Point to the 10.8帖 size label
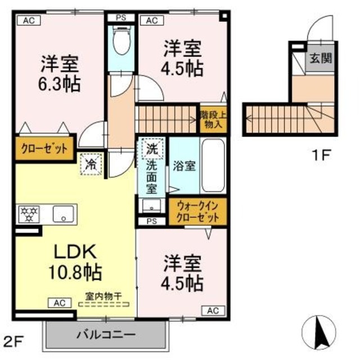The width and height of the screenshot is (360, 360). pos(74,273)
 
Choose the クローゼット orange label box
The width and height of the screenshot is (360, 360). pos(44,150)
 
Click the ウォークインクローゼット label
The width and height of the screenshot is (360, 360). pos(196,211)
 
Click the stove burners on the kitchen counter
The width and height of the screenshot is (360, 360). pos(29,214)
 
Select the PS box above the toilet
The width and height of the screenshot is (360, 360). pos(120,18)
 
